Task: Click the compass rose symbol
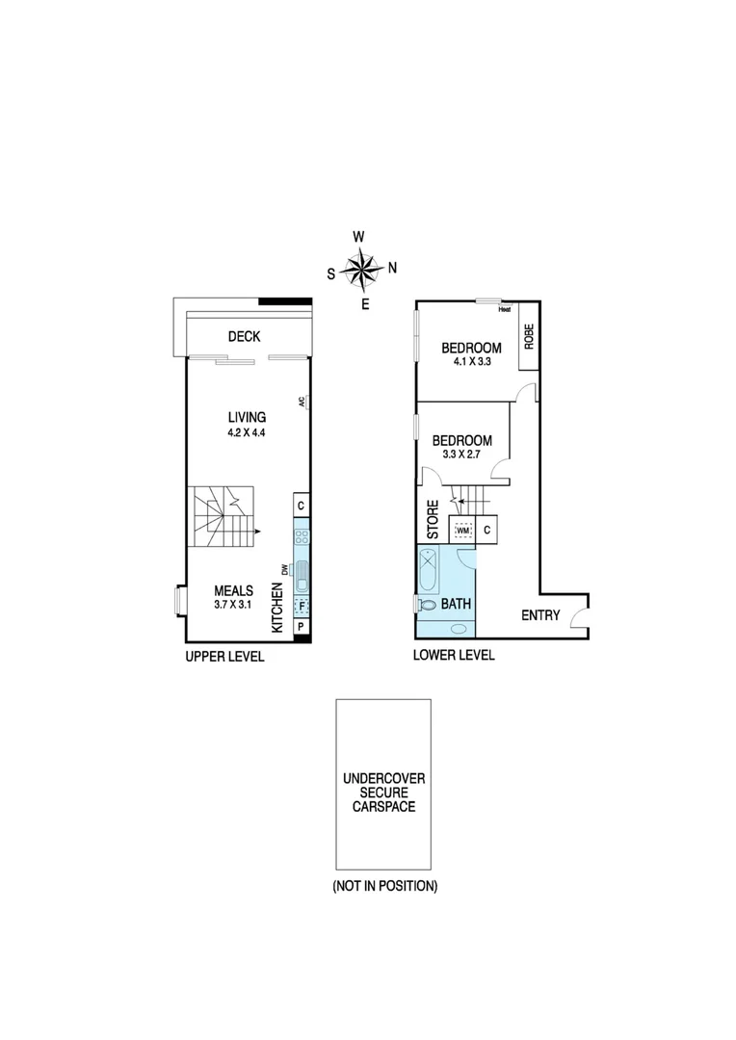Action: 362,270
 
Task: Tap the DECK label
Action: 245,336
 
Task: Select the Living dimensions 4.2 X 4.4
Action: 247,432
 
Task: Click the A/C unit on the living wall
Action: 303,403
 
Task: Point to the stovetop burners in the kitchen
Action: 301,537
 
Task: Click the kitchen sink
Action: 301,575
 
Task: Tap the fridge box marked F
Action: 301,606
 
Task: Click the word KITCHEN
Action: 277,610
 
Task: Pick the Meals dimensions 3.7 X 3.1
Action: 233,605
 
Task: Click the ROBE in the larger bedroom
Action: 528,335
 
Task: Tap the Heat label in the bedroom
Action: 504,309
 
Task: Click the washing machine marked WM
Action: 462,530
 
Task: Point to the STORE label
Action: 434,519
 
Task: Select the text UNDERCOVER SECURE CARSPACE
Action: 383,792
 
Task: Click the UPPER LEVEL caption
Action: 224,656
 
